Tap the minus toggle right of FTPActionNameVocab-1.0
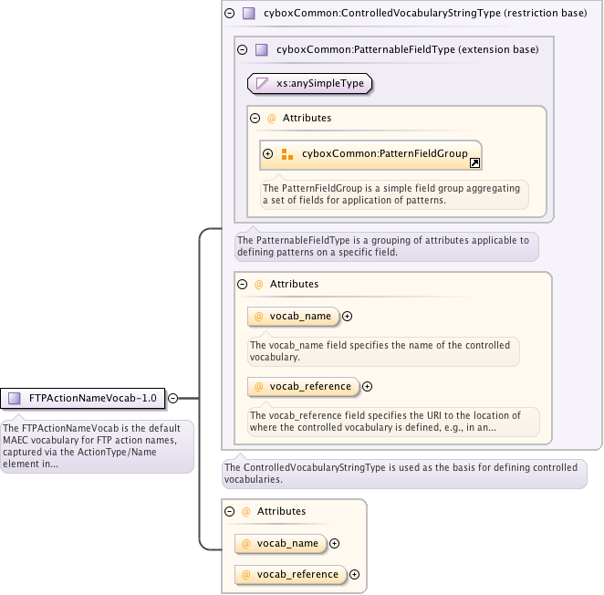click(172, 398)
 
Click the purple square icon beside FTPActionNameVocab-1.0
click(15, 398)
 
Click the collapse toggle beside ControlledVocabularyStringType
click(229, 14)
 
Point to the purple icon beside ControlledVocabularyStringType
click(248, 14)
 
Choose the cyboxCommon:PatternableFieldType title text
click(407, 49)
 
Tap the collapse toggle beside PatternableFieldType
click(242, 49)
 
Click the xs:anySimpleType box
click(310, 83)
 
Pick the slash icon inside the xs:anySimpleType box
click(262, 83)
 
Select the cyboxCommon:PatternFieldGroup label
click(384, 153)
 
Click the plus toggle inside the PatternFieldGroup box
click(268, 153)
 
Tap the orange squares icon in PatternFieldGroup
click(287, 153)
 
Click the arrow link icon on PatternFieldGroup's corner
click(474, 163)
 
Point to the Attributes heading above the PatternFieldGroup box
click(307, 118)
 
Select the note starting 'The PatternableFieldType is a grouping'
click(383, 245)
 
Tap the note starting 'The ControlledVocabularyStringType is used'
click(402, 473)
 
